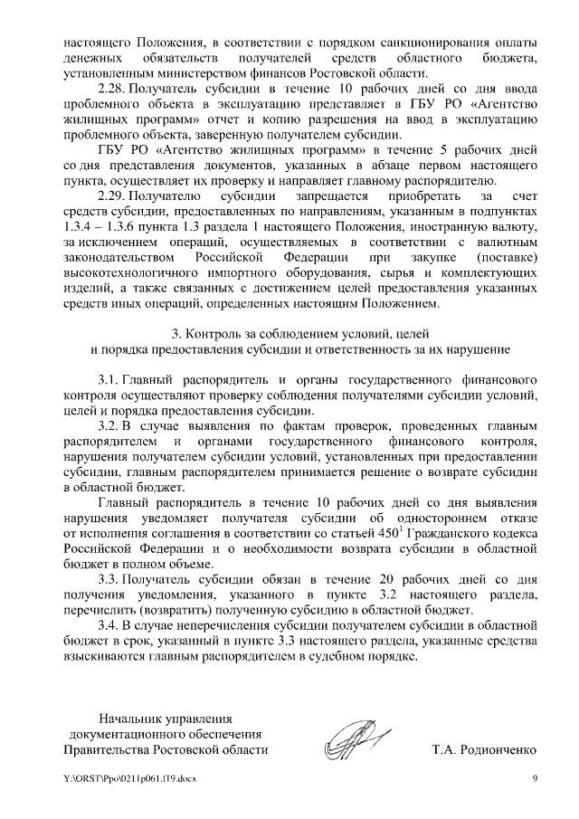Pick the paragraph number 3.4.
108,625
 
